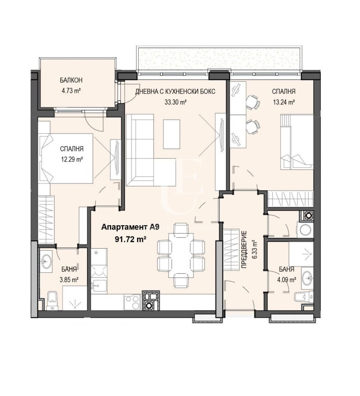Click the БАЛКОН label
(71, 80)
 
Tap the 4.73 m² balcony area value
(71, 91)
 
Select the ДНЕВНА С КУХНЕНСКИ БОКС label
(175, 91)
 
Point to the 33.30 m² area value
(175, 102)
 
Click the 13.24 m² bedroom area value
(284, 102)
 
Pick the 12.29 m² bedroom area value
(72, 159)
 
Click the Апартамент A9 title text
(130, 227)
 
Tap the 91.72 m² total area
(131, 239)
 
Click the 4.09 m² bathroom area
(287, 279)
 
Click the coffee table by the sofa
(171, 134)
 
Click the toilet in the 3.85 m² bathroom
(52, 301)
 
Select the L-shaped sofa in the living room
(144, 151)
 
